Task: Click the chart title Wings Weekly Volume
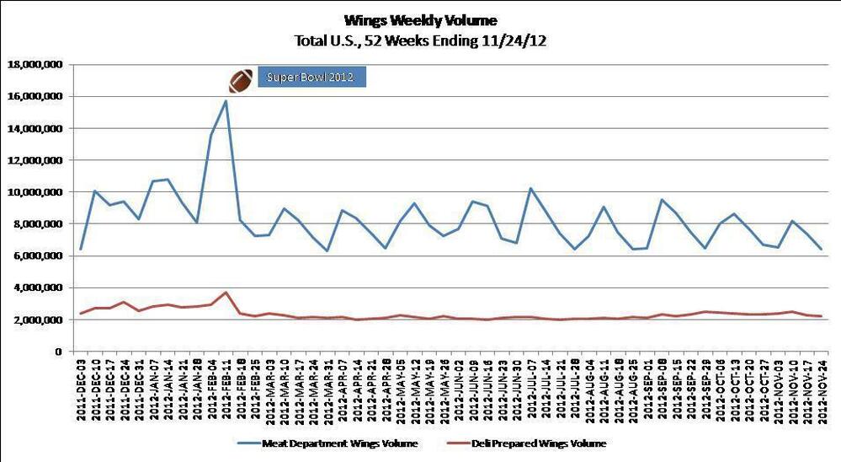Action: click(x=420, y=19)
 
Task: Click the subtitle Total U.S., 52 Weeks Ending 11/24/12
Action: click(x=420, y=40)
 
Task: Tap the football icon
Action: click(x=241, y=80)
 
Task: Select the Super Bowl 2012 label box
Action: click(x=311, y=78)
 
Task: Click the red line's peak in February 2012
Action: click(x=226, y=293)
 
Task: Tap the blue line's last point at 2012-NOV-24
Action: click(x=821, y=250)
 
